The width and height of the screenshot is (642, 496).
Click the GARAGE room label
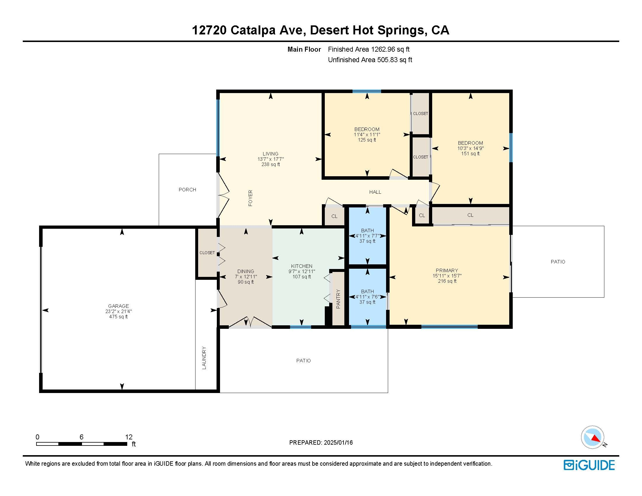(x=118, y=306)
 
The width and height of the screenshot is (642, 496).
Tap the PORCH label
(x=187, y=190)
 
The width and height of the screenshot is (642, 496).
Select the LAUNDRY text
(x=204, y=358)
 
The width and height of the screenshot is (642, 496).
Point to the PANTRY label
(x=338, y=299)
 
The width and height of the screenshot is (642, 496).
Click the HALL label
(x=375, y=192)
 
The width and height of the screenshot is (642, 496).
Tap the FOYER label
(x=250, y=198)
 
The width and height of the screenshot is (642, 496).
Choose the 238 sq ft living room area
(x=271, y=165)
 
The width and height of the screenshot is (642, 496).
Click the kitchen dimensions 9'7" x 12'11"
(x=302, y=272)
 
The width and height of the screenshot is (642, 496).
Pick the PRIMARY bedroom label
(x=447, y=270)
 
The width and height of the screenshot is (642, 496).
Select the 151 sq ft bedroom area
(x=470, y=154)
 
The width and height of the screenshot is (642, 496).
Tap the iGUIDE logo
(x=589, y=465)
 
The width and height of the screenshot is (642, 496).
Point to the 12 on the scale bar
(x=129, y=437)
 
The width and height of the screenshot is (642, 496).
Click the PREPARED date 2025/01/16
(x=338, y=443)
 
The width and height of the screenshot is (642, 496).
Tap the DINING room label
(x=246, y=272)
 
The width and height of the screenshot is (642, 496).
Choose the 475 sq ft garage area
(x=118, y=317)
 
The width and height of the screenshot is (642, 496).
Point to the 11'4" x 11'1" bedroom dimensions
(x=367, y=135)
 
